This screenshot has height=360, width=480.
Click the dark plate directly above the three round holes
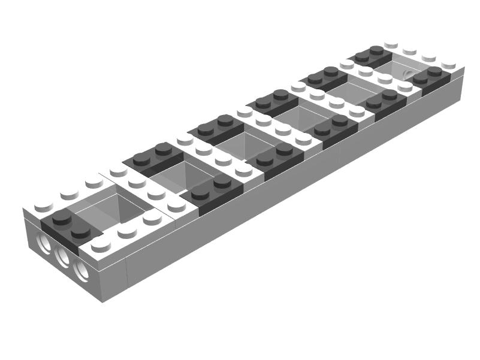(67, 227)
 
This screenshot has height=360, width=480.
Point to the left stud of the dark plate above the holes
(61, 218)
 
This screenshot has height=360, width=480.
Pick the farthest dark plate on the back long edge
(369, 56)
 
